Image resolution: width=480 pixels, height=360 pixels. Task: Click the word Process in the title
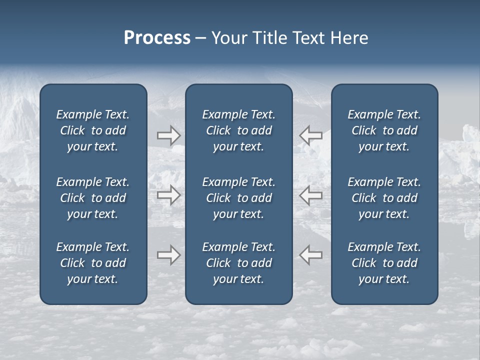157,38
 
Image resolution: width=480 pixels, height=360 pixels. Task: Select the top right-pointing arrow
168,135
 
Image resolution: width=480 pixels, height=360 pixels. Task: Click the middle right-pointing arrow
168,195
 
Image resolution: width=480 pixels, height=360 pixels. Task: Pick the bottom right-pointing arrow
168,255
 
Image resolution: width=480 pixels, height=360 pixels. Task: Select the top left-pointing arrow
311,135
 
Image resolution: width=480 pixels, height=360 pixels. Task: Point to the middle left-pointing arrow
311,195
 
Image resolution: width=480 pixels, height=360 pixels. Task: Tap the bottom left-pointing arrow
311,255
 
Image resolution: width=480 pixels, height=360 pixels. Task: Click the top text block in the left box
93,130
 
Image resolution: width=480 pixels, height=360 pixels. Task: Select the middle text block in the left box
93,198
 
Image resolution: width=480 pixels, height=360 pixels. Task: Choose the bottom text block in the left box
93,263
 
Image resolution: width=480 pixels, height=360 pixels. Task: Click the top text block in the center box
238,130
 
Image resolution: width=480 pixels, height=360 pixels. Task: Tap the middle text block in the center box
238,198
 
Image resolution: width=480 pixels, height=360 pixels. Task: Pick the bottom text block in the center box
238,263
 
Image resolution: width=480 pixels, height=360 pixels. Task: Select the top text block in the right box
384,130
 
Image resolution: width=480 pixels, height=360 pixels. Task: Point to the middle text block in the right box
384,198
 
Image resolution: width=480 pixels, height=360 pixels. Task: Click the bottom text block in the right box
384,263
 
